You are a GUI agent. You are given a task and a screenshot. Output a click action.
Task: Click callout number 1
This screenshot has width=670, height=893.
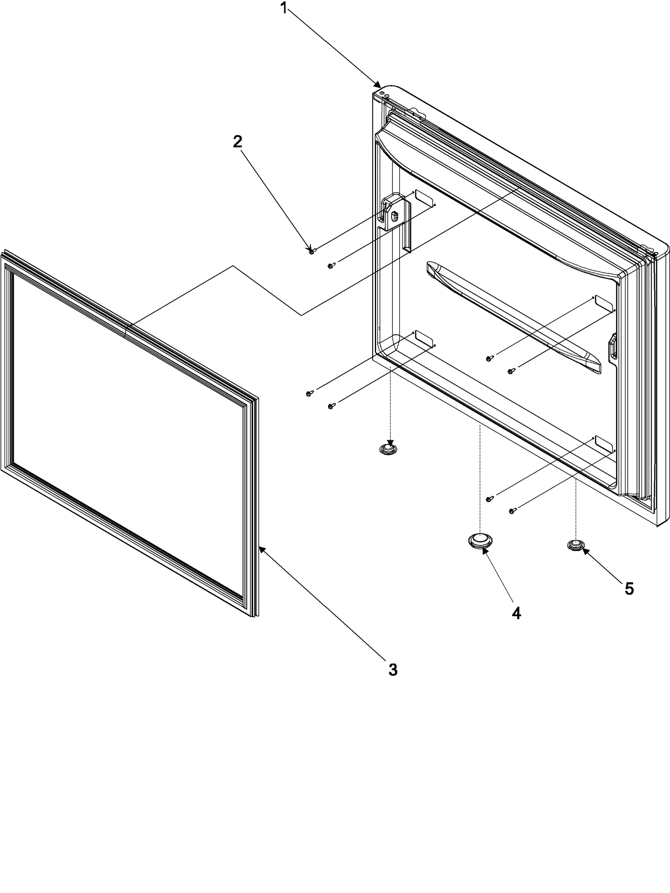tap(284, 8)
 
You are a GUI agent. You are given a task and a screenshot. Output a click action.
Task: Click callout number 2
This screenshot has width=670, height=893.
tap(237, 142)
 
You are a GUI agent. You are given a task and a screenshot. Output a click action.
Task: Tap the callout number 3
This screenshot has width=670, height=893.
tap(392, 669)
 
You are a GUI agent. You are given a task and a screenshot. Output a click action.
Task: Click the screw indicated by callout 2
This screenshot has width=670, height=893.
tap(312, 251)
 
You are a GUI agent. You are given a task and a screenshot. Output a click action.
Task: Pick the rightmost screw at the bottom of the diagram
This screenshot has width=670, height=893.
tap(511, 511)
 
